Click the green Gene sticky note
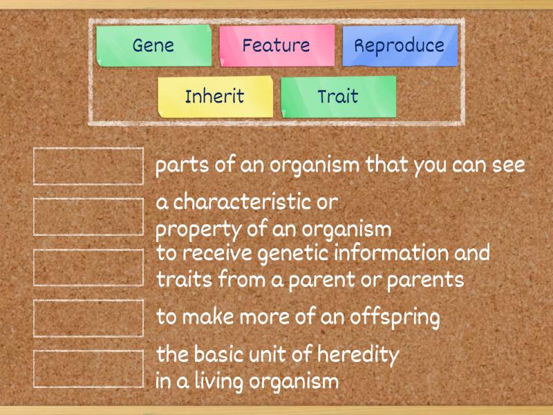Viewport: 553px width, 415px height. [153, 46]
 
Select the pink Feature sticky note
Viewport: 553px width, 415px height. [277, 46]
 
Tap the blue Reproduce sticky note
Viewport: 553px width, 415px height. [400, 46]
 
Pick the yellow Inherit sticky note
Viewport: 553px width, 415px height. [216, 97]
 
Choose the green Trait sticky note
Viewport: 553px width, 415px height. [339, 97]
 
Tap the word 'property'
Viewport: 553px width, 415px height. [198, 230]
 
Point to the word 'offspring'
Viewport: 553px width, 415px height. [395, 317]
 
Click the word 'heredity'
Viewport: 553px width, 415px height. [358, 355]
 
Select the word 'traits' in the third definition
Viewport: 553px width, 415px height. [184, 279]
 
